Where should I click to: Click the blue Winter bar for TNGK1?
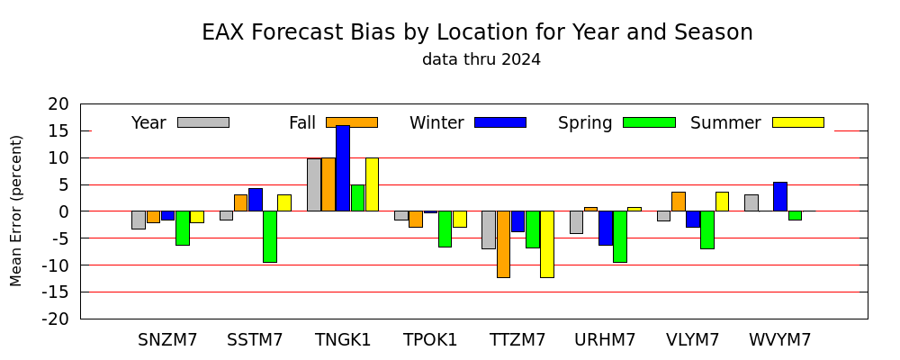coord(343,168)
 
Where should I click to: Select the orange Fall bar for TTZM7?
coord(503,244)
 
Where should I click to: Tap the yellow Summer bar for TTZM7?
coord(547,244)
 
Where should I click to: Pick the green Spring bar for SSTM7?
coord(270,237)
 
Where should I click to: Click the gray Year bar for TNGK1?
coord(314,184)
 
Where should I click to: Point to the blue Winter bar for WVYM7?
coord(780,196)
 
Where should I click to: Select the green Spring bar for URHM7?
coord(620,237)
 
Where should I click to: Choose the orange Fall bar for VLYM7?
coord(679,202)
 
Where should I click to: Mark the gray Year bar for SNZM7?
coord(139,220)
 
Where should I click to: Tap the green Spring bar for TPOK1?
coord(445,229)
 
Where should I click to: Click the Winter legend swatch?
coord(500,122)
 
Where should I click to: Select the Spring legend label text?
coord(585,123)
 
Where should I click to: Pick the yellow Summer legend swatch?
coord(798,122)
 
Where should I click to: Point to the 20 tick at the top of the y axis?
coord(58,104)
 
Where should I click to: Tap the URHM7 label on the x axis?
coord(605,340)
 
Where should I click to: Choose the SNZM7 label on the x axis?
coord(167,340)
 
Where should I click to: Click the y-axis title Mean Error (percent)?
coord(16,211)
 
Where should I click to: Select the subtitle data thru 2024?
coord(481,59)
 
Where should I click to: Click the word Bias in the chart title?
coord(371,32)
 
